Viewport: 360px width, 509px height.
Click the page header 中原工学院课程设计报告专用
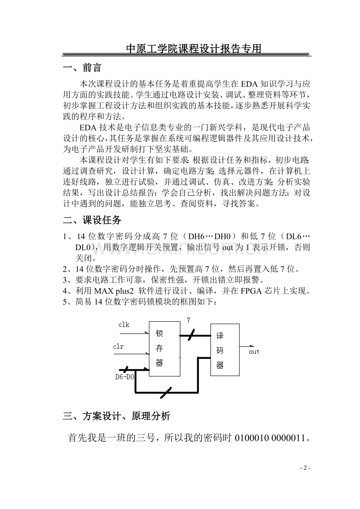click(193, 49)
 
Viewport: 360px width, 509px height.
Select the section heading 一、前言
click(82, 68)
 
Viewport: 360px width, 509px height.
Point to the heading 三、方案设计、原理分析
click(116, 416)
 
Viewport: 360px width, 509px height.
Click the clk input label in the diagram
click(124, 325)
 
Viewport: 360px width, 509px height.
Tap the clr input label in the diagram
click(119, 346)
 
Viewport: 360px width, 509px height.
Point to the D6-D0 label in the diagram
click(124, 377)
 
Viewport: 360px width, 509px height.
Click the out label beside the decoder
click(254, 352)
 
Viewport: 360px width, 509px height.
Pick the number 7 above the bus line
click(188, 320)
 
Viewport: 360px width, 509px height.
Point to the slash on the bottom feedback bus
click(166, 392)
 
